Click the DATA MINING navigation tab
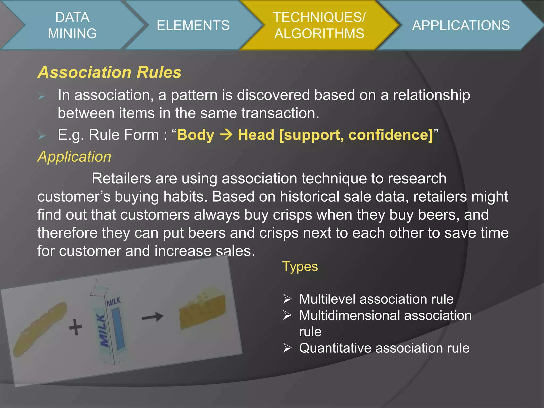[x=72, y=25]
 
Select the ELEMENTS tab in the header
[x=193, y=25]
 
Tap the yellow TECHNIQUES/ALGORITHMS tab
[x=319, y=25]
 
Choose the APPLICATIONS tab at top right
[x=461, y=25]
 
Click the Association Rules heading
[x=109, y=72]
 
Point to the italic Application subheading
[x=74, y=156]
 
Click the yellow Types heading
[x=300, y=266]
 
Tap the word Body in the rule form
[x=196, y=135]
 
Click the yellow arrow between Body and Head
[x=226, y=135]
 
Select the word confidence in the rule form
[x=390, y=135]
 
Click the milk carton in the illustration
[x=112, y=324]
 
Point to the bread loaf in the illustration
[x=40, y=329]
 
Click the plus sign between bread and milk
[x=75, y=327]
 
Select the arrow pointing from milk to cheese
[x=153, y=317]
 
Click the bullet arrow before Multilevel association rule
[x=287, y=299]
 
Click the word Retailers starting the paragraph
[x=121, y=178]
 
